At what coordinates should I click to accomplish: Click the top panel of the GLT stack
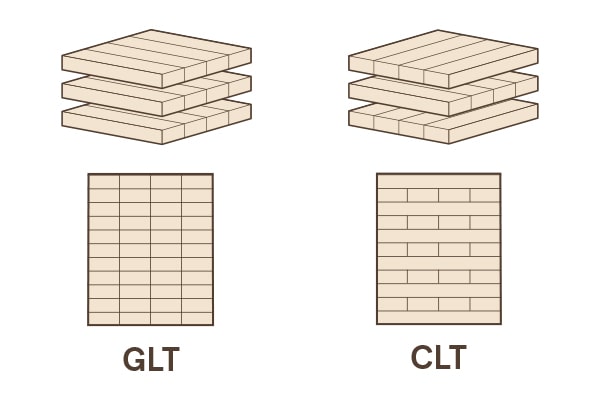click(x=155, y=55)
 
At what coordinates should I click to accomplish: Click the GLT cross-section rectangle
click(x=150, y=250)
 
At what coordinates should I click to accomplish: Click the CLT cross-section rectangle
click(x=438, y=249)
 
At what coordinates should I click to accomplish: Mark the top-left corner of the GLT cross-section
click(x=88, y=175)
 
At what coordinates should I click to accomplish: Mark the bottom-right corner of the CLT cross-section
click(x=500, y=324)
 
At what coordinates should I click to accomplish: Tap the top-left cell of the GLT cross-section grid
click(x=104, y=182)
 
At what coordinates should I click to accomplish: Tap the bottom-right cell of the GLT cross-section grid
click(x=197, y=318)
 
